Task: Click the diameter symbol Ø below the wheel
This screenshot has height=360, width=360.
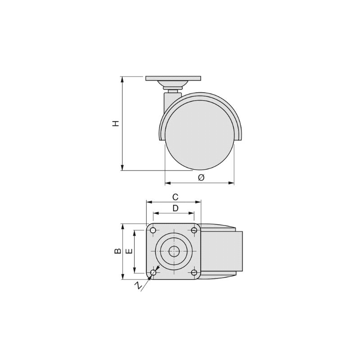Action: click(201, 177)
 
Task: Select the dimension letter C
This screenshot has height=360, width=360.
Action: click(175, 197)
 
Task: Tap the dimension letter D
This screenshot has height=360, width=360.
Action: click(175, 208)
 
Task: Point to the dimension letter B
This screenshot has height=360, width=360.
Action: click(118, 251)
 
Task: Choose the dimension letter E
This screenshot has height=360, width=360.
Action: click(129, 251)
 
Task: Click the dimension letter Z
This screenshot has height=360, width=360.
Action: click(138, 286)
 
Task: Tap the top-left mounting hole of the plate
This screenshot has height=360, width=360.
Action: click(153, 230)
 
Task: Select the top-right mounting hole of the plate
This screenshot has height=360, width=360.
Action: click(194, 230)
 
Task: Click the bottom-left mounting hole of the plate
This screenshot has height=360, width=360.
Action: click(153, 273)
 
